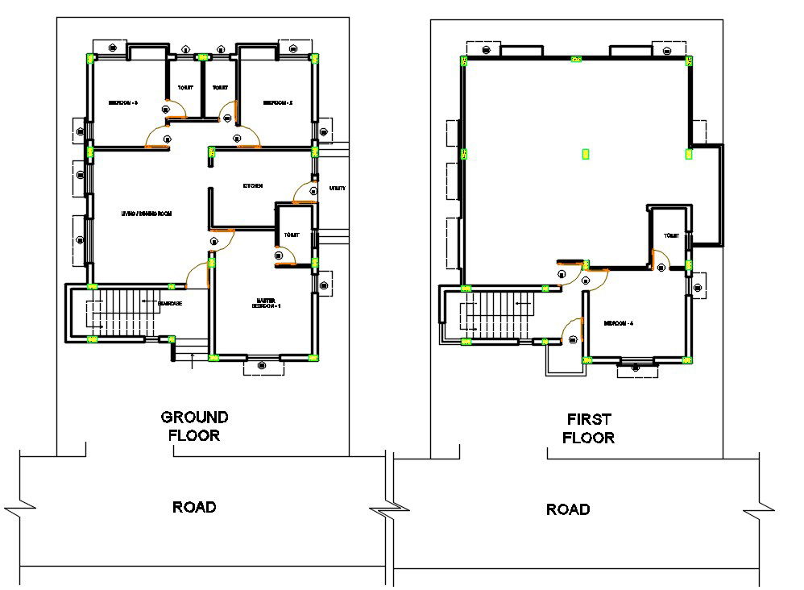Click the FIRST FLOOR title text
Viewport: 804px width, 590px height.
(588, 428)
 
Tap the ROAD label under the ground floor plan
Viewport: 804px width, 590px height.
(194, 507)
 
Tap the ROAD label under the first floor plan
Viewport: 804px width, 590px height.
(568, 509)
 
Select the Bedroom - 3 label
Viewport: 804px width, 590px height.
(123, 103)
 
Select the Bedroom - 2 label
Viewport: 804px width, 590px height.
(276, 103)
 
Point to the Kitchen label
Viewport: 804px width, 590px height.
(253, 186)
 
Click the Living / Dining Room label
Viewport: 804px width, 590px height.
(147, 214)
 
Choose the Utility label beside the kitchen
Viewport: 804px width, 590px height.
(338, 189)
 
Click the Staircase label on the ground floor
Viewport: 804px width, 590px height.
(169, 303)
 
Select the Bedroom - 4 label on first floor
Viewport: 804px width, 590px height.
(620, 323)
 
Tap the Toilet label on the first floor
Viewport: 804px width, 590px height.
(671, 236)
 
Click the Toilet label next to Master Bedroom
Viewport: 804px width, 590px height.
(291, 235)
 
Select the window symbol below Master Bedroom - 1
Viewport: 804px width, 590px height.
(263, 366)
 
